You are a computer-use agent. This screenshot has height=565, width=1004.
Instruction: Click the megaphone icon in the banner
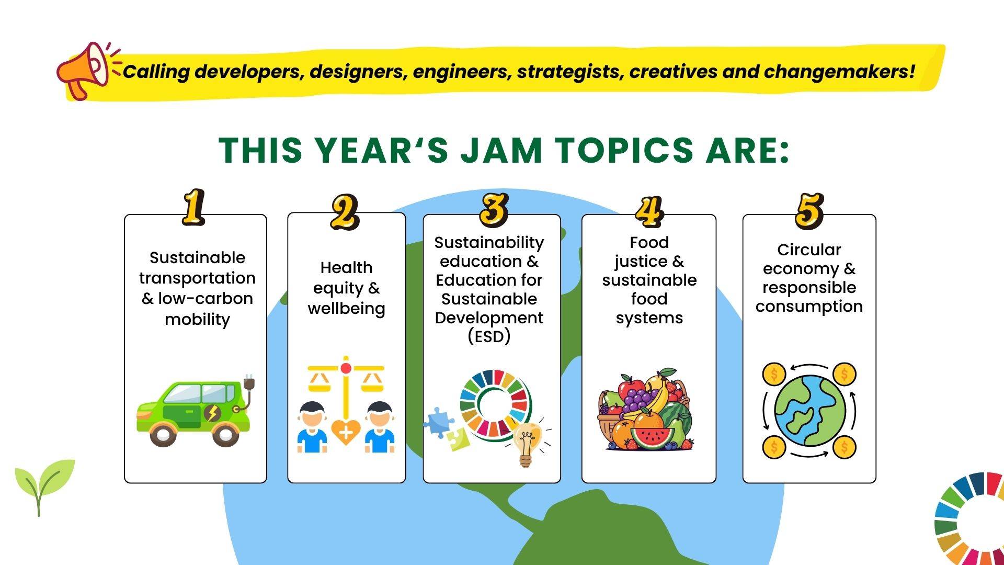tap(84, 70)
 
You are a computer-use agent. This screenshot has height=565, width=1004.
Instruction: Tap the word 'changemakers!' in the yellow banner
tap(840, 71)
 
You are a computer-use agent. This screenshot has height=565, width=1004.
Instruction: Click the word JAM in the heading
tap(501, 150)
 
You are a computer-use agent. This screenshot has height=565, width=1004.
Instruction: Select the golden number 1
tap(193, 208)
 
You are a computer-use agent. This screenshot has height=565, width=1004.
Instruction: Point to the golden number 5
tap(809, 211)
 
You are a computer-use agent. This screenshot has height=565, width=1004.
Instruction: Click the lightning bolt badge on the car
tap(212, 413)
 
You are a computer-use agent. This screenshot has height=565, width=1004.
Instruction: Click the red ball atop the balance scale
tap(346, 368)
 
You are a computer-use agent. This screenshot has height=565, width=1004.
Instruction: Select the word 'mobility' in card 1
tap(197, 319)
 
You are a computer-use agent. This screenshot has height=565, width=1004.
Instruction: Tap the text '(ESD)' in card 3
tap(489, 336)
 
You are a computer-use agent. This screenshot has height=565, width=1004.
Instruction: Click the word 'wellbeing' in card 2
tap(346, 308)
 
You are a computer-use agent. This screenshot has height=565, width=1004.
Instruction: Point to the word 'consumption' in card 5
tap(809, 306)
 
